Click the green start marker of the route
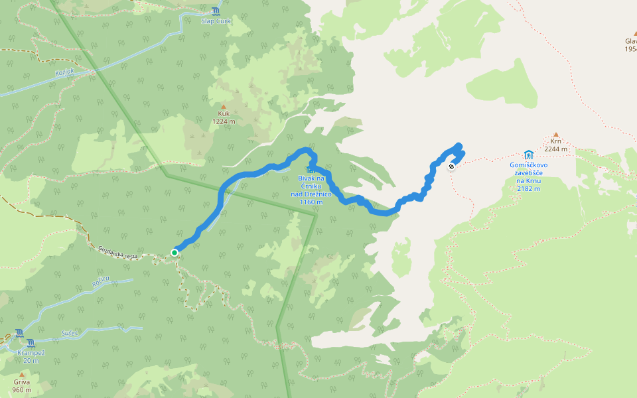[175, 252]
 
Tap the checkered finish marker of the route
[451, 166]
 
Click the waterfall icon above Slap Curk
[216, 11]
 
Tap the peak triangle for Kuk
[224, 106]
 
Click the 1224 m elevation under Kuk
[224, 121]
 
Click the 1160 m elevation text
[311, 202]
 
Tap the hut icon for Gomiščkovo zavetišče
[528, 155]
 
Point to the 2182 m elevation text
[528, 188]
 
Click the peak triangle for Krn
[556, 134]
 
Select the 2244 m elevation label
[556, 149]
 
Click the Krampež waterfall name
[31, 352]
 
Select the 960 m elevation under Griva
[22, 390]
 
